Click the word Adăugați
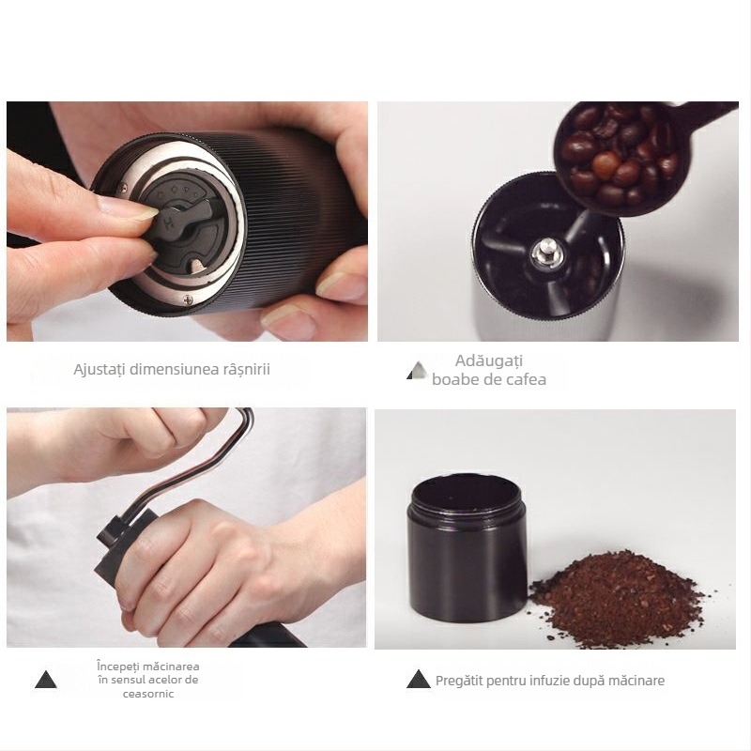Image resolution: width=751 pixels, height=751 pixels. coord(488,360)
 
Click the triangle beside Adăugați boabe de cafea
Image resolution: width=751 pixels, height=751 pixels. coord(415,373)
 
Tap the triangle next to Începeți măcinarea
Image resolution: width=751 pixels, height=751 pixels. coord(45,680)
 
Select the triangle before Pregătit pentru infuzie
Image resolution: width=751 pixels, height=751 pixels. coord(418,680)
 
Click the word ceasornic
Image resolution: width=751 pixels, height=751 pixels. coord(147,694)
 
